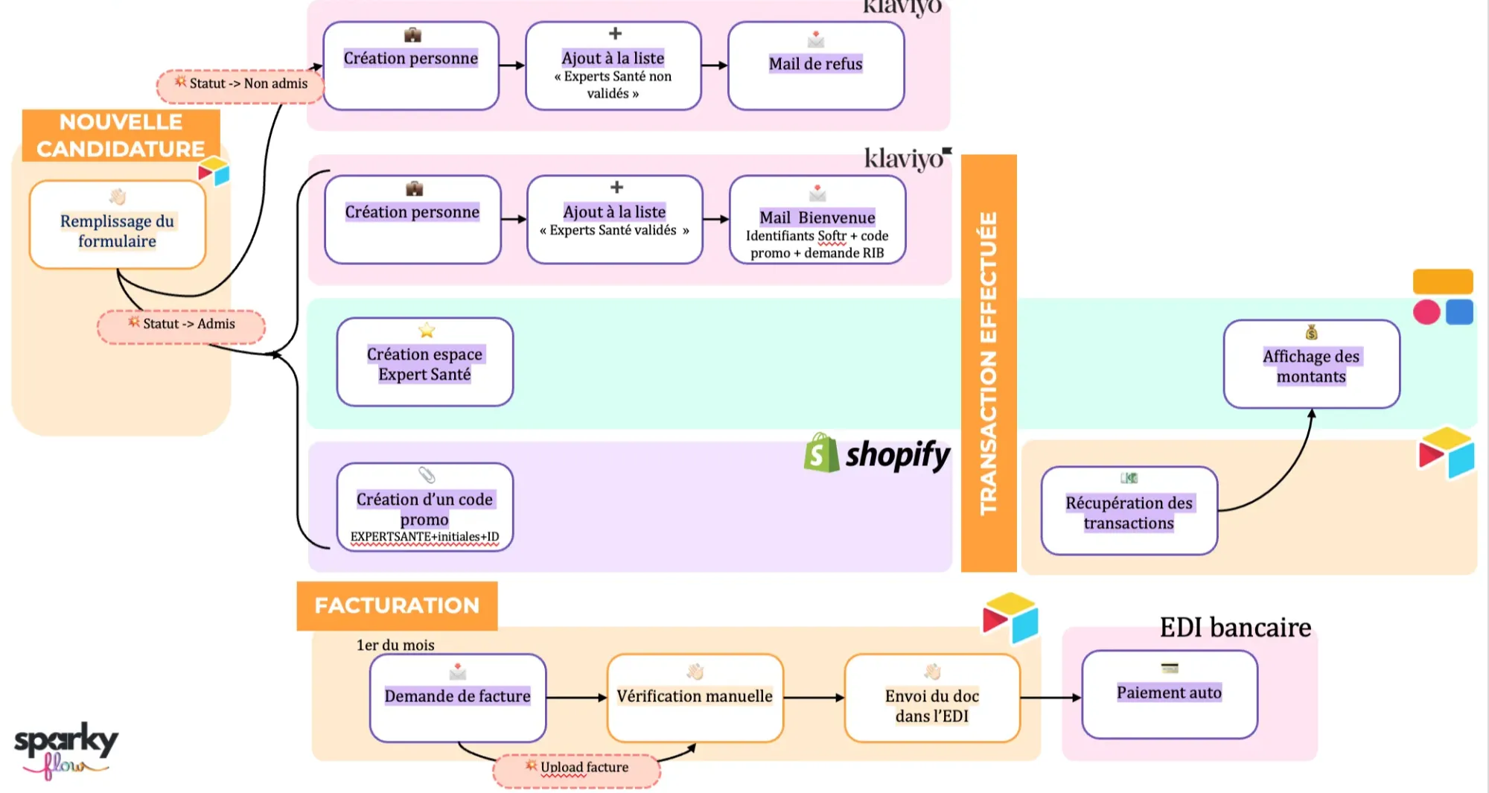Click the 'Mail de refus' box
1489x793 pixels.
(x=815, y=66)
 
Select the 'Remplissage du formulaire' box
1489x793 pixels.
(x=117, y=225)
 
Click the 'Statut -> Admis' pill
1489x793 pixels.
(x=181, y=325)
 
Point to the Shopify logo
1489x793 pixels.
(x=877, y=454)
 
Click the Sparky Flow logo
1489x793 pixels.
(x=65, y=748)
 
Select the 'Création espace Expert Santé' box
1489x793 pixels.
(x=424, y=363)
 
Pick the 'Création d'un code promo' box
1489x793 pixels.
(x=424, y=507)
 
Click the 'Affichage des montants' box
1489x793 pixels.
(x=1311, y=364)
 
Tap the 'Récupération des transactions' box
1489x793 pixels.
(x=1129, y=511)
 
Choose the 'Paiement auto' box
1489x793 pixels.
(x=1169, y=694)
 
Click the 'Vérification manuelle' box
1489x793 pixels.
(x=695, y=698)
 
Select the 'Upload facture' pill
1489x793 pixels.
(x=576, y=769)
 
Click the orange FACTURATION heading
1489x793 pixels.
(x=397, y=605)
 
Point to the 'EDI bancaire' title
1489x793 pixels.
(x=1235, y=628)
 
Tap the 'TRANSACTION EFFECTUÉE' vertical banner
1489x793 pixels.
(x=989, y=363)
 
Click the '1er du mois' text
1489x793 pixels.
(x=395, y=646)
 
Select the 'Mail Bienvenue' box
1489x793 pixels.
(x=817, y=220)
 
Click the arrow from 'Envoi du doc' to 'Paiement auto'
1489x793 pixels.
(x=1050, y=698)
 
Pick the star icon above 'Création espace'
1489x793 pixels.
(x=427, y=330)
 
